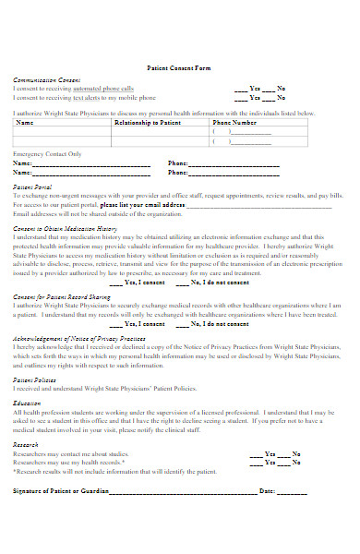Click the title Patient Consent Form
coord(179,68)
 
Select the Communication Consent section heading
coord(44,80)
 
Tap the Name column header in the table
coord(25,122)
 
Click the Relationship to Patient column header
coord(148,122)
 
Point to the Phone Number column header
coord(235,122)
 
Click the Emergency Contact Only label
coord(46,153)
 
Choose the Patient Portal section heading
coord(32,187)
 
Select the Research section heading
coord(26,443)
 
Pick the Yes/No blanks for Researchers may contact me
coord(274,453)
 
